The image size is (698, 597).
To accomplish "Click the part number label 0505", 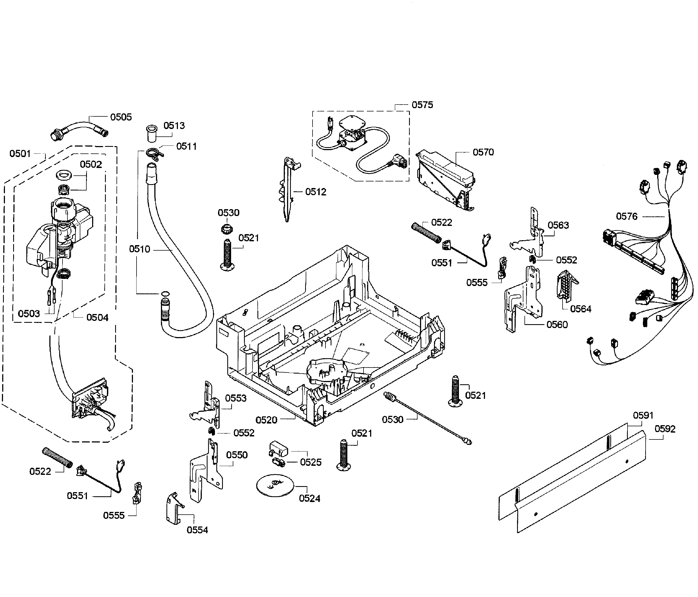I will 121,117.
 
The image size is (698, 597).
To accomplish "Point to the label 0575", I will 422,105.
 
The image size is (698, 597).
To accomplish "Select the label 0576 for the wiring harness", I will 627,216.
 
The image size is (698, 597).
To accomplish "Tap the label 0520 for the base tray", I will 266,420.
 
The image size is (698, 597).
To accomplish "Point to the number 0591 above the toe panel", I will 643,415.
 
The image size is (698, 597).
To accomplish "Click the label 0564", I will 580,309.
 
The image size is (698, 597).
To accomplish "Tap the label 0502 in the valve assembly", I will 91,164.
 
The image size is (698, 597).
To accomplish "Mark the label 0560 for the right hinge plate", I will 557,324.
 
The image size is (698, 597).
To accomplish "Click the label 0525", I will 310,462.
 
